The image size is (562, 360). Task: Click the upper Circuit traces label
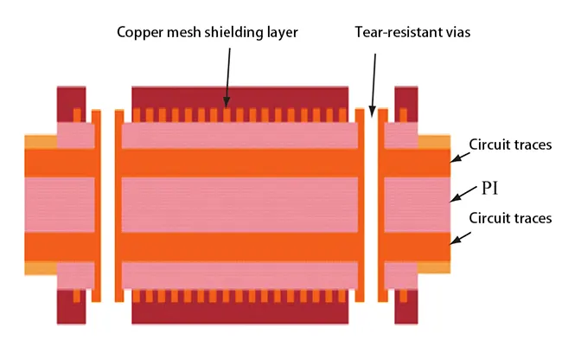510,145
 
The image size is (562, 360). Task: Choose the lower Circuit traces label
510,218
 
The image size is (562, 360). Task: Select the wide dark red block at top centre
241,97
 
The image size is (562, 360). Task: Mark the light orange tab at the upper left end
40,141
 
